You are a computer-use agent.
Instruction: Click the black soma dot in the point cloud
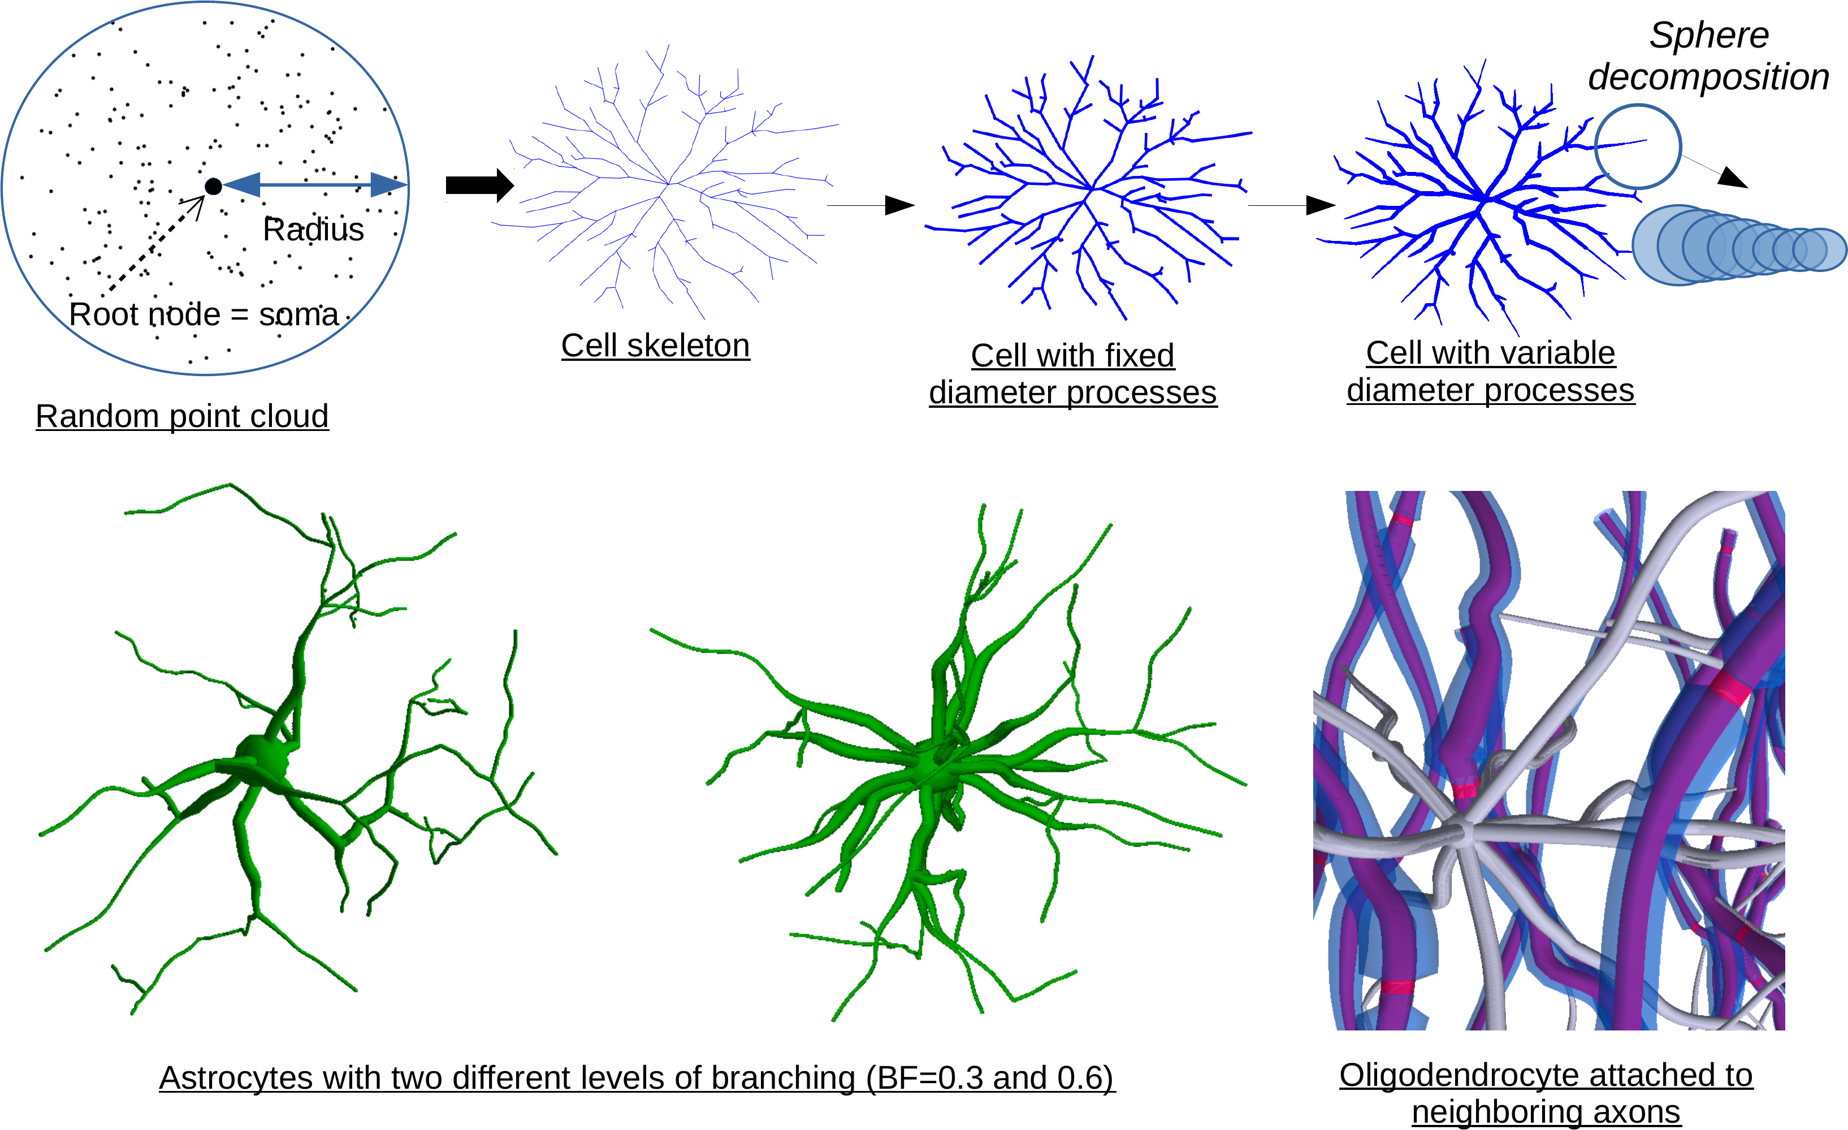(x=213, y=186)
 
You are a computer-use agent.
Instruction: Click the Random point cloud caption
(x=182, y=416)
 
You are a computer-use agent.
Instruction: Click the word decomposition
(x=1708, y=77)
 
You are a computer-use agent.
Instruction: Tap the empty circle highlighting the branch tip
(x=1637, y=146)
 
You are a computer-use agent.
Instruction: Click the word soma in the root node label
(x=298, y=314)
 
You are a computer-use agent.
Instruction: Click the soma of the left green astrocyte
(x=261, y=760)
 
